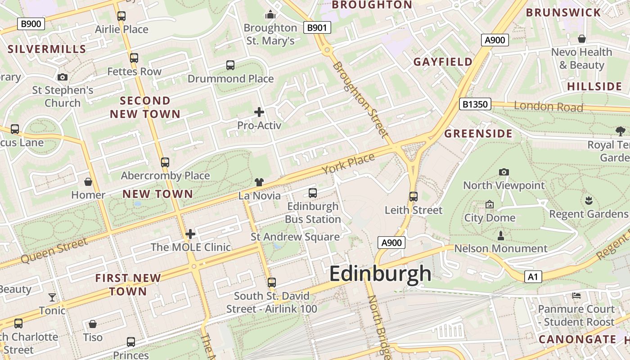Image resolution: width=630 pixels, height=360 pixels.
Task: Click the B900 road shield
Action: (31, 23)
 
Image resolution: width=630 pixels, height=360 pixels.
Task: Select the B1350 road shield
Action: (475, 104)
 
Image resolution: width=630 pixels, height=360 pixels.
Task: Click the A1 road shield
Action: (533, 277)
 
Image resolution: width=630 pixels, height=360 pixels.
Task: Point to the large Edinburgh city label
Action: (380, 274)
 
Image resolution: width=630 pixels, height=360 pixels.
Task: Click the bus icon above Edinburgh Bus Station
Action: (313, 193)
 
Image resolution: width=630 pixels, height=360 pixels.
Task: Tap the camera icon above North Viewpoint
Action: (504, 172)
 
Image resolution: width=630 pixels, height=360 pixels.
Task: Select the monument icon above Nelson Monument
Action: (500, 235)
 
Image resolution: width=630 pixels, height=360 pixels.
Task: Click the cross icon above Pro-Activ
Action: (259, 112)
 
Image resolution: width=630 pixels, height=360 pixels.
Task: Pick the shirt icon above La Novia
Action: (259, 182)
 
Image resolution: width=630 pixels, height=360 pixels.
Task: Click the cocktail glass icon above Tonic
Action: (52, 297)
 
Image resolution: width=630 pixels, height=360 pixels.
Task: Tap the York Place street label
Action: (348, 164)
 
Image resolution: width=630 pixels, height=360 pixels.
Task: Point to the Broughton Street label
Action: (360, 99)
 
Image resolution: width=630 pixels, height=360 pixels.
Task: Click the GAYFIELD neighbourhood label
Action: (443, 62)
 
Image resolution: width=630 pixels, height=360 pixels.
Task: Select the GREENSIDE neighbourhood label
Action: (478, 134)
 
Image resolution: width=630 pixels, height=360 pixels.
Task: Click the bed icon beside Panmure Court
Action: (576, 296)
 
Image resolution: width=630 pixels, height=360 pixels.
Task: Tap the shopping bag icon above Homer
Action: (88, 182)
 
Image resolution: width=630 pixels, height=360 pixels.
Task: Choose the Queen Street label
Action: (54, 251)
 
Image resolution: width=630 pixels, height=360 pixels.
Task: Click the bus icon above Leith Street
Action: (414, 197)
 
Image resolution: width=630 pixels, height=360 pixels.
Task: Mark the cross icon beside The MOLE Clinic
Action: (190, 234)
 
